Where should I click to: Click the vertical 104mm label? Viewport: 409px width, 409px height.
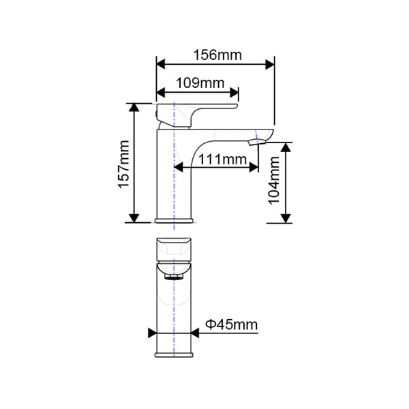(274, 181)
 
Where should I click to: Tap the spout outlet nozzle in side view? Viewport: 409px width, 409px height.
(256, 142)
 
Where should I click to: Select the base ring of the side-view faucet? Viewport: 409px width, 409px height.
(175, 220)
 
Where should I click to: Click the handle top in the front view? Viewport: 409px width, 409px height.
(175, 245)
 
